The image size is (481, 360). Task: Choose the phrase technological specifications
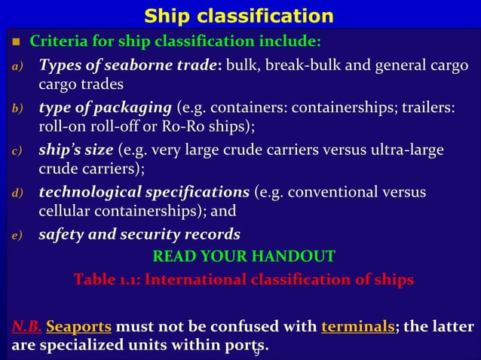[146, 192]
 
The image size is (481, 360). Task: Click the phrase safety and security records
[139, 234]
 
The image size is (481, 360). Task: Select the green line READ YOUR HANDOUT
[244, 257]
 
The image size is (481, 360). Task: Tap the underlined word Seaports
[79, 328]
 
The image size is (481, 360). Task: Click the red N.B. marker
[26, 328]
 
